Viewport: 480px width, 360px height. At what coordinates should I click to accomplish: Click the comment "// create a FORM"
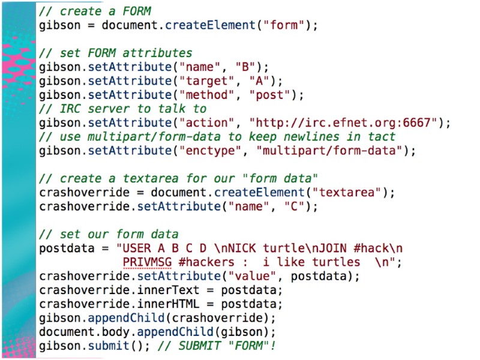click(95, 11)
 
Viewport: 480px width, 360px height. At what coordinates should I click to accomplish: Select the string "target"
click(200, 80)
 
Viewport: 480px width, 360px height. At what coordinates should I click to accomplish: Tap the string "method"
click(200, 95)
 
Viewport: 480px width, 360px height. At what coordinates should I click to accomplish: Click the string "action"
click(200, 123)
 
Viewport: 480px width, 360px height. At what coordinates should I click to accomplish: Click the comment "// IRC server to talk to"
click(123, 109)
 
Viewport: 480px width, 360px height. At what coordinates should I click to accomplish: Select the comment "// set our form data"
click(109, 233)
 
